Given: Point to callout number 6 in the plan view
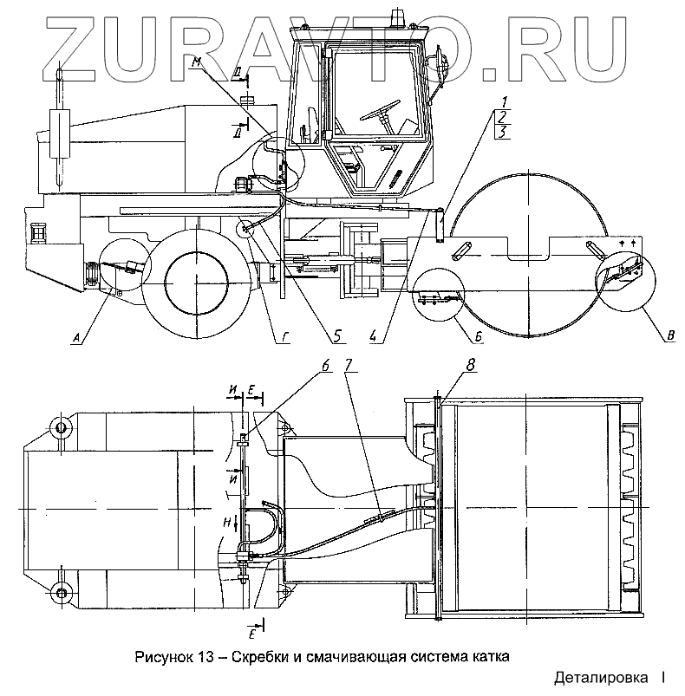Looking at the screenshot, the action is [x=324, y=367].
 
